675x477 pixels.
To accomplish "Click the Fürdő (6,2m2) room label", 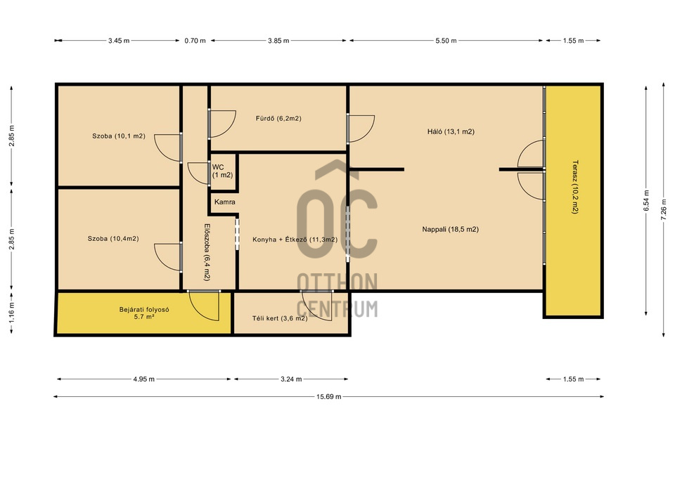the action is [278, 118].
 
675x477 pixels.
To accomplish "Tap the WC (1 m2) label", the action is [222, 171].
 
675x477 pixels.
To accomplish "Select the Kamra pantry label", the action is [225, 202].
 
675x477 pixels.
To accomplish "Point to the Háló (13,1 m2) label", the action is [451, 131].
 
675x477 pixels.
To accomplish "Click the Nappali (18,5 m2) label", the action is [450, 229].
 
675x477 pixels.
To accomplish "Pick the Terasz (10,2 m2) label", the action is [575, 187].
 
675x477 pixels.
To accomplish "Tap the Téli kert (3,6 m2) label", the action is [280, 319].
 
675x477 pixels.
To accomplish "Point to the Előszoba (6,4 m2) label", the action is [207, 252].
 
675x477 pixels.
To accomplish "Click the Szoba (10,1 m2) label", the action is [118, 136].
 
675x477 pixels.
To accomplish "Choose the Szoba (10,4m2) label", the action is [113, 239].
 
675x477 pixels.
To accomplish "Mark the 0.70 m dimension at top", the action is [195, 41].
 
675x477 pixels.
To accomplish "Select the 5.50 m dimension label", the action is [446, 41].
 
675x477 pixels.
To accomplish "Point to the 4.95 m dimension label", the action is [143, 379].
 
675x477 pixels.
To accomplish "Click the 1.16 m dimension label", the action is [11, 313].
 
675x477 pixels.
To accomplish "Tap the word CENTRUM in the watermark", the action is [337, 309].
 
